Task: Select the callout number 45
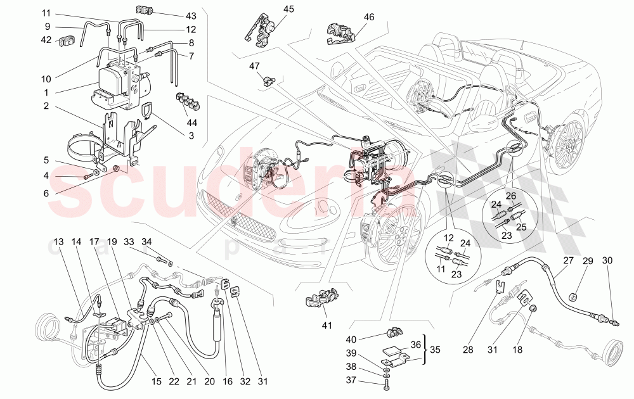pyautogui.click(x=288, y=9)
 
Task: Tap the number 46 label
pyautogui.click(x=368, y=17)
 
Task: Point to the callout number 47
pyautogui.click(x=255, y=66)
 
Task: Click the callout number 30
pyautogui.click(x=607, y=260)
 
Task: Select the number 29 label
pyautogui.click(x=587, y=260)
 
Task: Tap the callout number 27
pyautogui.click(x=567, y=260)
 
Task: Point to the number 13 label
pyautogui.click(x=59, y=242)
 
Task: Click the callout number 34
pyautogui.click(x=146, y=241)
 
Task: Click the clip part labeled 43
pyautogui.click(x=145, y=10)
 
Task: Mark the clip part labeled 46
pyautogui.click(x=339, y=33)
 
